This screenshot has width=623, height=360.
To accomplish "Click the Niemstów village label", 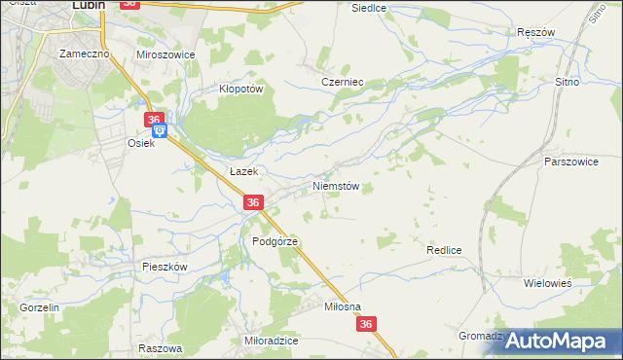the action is pyautogui.click(x=337, y=185).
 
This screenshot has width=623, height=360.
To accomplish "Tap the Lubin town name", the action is pyautogui.click(x=89, y=5).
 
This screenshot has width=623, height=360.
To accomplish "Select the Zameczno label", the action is pyautogui.click(x=83, y=54).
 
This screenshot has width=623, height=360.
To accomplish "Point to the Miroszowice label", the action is pyautogui.click(x=165, y=54).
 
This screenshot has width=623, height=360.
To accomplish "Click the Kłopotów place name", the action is pyautogui.click(x=241, y=87).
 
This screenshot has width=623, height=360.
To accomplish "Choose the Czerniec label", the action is pyautogui.click(x=342, y=83).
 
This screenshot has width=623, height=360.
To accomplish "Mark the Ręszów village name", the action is pyautogui.click(x=535, y=32).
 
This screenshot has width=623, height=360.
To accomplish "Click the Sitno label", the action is pyautogui.click(x=567, y=83).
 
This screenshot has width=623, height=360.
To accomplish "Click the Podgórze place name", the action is pyautogui.click(x=275, y=240).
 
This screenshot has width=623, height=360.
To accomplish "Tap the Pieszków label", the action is pyautogui.click(x=164, y=266).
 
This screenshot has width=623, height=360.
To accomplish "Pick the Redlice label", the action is pyautogui.click(x=443, y=250).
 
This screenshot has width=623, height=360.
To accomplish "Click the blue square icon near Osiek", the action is pyautogui.click(x=161, y=130).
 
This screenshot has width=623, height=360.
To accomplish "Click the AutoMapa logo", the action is pyautogui.click(x=560, y=340).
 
